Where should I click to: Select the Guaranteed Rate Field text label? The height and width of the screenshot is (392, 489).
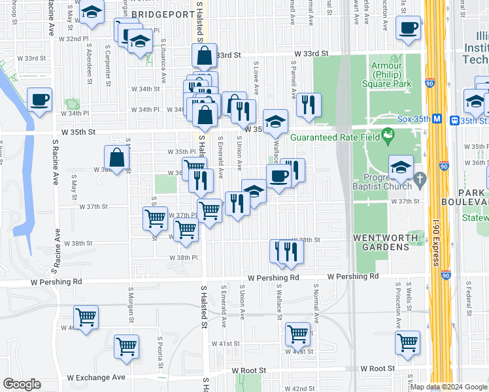pos(334,137)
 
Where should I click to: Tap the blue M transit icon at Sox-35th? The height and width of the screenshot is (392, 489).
pos(455,120)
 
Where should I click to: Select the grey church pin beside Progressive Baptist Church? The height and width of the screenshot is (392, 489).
pos(420,178)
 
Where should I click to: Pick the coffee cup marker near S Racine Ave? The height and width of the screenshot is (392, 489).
pos(40,100)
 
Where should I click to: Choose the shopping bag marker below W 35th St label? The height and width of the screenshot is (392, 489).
pos(116,157)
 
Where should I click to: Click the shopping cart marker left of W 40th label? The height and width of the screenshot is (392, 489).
pos(86,318)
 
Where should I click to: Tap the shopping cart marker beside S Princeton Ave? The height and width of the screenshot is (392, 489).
pos(407,342)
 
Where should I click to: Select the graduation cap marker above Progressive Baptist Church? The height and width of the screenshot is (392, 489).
pos(401,167)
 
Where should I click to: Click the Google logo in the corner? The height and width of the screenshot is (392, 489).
pos(22,384)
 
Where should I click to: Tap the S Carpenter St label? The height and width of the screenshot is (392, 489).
pos(107,64)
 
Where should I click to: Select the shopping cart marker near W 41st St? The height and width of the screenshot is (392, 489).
pos(297,334)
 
